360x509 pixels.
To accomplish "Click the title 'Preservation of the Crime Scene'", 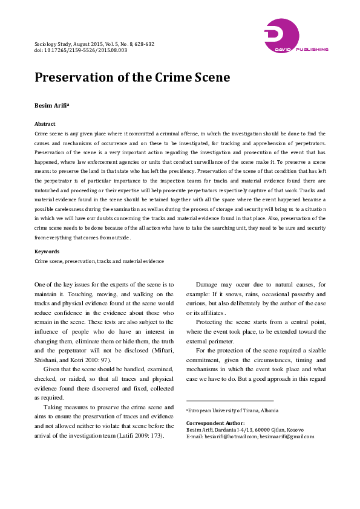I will click(x=132, y=78).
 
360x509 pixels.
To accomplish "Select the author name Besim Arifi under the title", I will click(x=52, y=106).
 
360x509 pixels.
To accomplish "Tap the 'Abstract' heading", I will click(x=45, y=123).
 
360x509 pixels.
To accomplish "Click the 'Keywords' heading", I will click(x=47, y=251).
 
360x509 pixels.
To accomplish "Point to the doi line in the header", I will click(x=80, y=51).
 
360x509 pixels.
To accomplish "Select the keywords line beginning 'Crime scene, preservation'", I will click(x=99, y=261).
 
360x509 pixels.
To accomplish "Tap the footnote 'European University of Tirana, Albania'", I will click(x=233, y=410).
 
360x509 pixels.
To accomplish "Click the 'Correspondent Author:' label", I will click(x=215, y=423).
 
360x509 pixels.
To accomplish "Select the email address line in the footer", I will click(x=249, y=436).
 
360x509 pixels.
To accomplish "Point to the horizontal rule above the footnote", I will click(x=229, y=400).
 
